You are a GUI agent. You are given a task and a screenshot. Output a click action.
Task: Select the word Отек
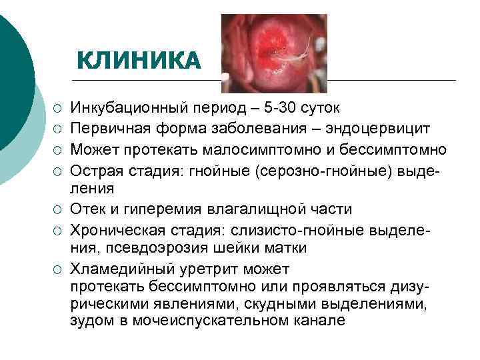pyautogui.click(x=87, y=209)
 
